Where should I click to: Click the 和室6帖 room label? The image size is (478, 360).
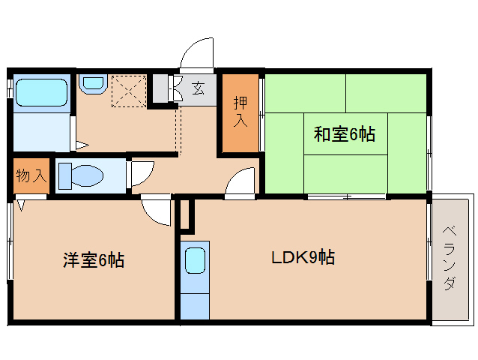345,134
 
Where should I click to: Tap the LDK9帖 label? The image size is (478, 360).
303,257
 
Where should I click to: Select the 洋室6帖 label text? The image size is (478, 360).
94,260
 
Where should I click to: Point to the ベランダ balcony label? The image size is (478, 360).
450,258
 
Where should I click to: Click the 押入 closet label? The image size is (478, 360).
240,112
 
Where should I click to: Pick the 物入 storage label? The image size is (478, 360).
31,175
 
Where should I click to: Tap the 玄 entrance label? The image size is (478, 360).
198,88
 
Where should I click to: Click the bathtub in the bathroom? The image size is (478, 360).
41,93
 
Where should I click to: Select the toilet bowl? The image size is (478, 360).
87,175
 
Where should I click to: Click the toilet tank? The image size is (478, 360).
65,175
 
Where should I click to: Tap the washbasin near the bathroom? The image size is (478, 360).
93,82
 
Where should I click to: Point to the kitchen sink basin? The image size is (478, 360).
195,260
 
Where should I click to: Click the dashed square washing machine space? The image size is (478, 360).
129,91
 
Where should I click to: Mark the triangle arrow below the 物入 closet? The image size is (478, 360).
21,205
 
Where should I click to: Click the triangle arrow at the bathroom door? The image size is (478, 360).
82,145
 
